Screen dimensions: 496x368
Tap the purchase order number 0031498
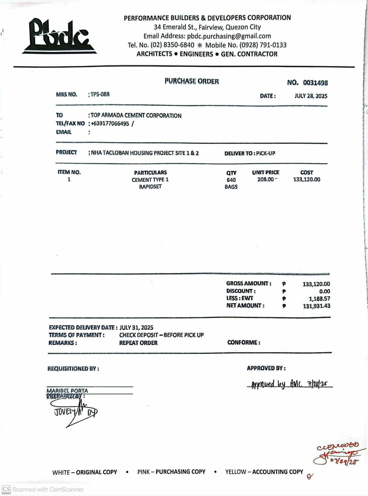pyautogui.click(x=315, y=83)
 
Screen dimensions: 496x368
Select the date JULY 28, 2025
pyautogui.click(x=311, y=96)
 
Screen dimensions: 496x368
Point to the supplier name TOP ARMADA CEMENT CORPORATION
pyautogui.click(x=136, y=116)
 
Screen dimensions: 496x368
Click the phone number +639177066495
pyautogui.click(x=110, y=124)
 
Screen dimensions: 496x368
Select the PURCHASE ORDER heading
pyautogui.click(x=192, y=81)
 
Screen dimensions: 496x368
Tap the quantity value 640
pyautogui.click(x=231, y=180)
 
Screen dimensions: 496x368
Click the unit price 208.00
pyautogui.click(x=265, y=179)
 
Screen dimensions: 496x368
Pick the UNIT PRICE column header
pyautogui.click(x=265, y=172)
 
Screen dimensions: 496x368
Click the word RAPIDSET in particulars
pyautogui.click(x=150, y=187)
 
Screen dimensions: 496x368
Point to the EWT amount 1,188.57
pyautogui.click(x=319, y=299)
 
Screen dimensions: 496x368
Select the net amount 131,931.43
pyautogui.click(x=316, y=306)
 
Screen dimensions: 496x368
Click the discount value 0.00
pyautogui.click(x=324, y=291)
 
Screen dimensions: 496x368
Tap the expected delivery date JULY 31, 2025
pyautogui.click(x=136, y=327)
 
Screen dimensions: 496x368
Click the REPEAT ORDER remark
pyautogui.click(x=138, y=343)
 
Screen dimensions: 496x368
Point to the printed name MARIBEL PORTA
pyautogui.click(x=67, y=391)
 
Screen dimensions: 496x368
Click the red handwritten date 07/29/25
pyautogui.click(x=344, y=462)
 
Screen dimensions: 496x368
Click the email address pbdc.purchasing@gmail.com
pyautogui.click(x=229, y=36)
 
